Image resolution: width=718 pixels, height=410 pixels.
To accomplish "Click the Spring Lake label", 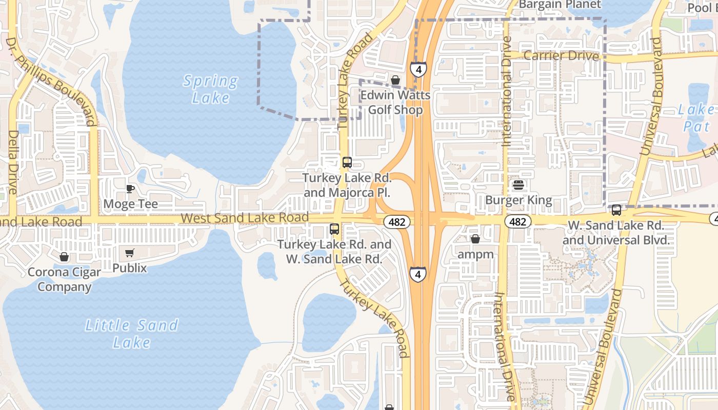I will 210,89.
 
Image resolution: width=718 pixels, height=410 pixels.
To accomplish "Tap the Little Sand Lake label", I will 131,334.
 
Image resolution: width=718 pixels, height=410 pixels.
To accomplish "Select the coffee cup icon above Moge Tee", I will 130,189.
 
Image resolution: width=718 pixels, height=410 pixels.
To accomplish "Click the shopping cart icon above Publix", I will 129,253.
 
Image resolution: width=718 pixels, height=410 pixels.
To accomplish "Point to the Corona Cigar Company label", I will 64,279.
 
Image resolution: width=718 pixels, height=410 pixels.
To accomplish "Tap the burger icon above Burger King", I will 518,185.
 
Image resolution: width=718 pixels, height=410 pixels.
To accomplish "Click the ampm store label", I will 475,254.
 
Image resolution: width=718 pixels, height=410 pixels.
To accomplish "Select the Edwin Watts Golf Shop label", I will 395,102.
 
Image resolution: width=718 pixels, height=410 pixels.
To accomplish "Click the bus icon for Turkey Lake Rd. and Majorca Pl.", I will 347,162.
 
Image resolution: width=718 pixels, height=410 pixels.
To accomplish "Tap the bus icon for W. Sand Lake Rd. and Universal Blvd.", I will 616,210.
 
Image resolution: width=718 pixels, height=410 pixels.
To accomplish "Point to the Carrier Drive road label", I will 561,55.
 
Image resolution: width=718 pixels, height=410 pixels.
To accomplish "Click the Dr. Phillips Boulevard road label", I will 51,81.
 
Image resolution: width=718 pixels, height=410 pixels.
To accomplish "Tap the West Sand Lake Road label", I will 245,218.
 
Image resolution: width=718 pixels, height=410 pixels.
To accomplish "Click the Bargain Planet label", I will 560,5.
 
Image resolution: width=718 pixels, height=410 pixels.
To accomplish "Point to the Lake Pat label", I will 696,117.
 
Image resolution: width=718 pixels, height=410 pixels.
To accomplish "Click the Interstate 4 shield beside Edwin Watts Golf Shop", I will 418,69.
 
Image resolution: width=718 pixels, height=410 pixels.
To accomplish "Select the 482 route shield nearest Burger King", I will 518,221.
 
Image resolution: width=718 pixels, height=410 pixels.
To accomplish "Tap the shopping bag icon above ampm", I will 475,239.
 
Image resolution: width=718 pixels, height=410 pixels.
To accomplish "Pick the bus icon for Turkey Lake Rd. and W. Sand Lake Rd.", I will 334,229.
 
